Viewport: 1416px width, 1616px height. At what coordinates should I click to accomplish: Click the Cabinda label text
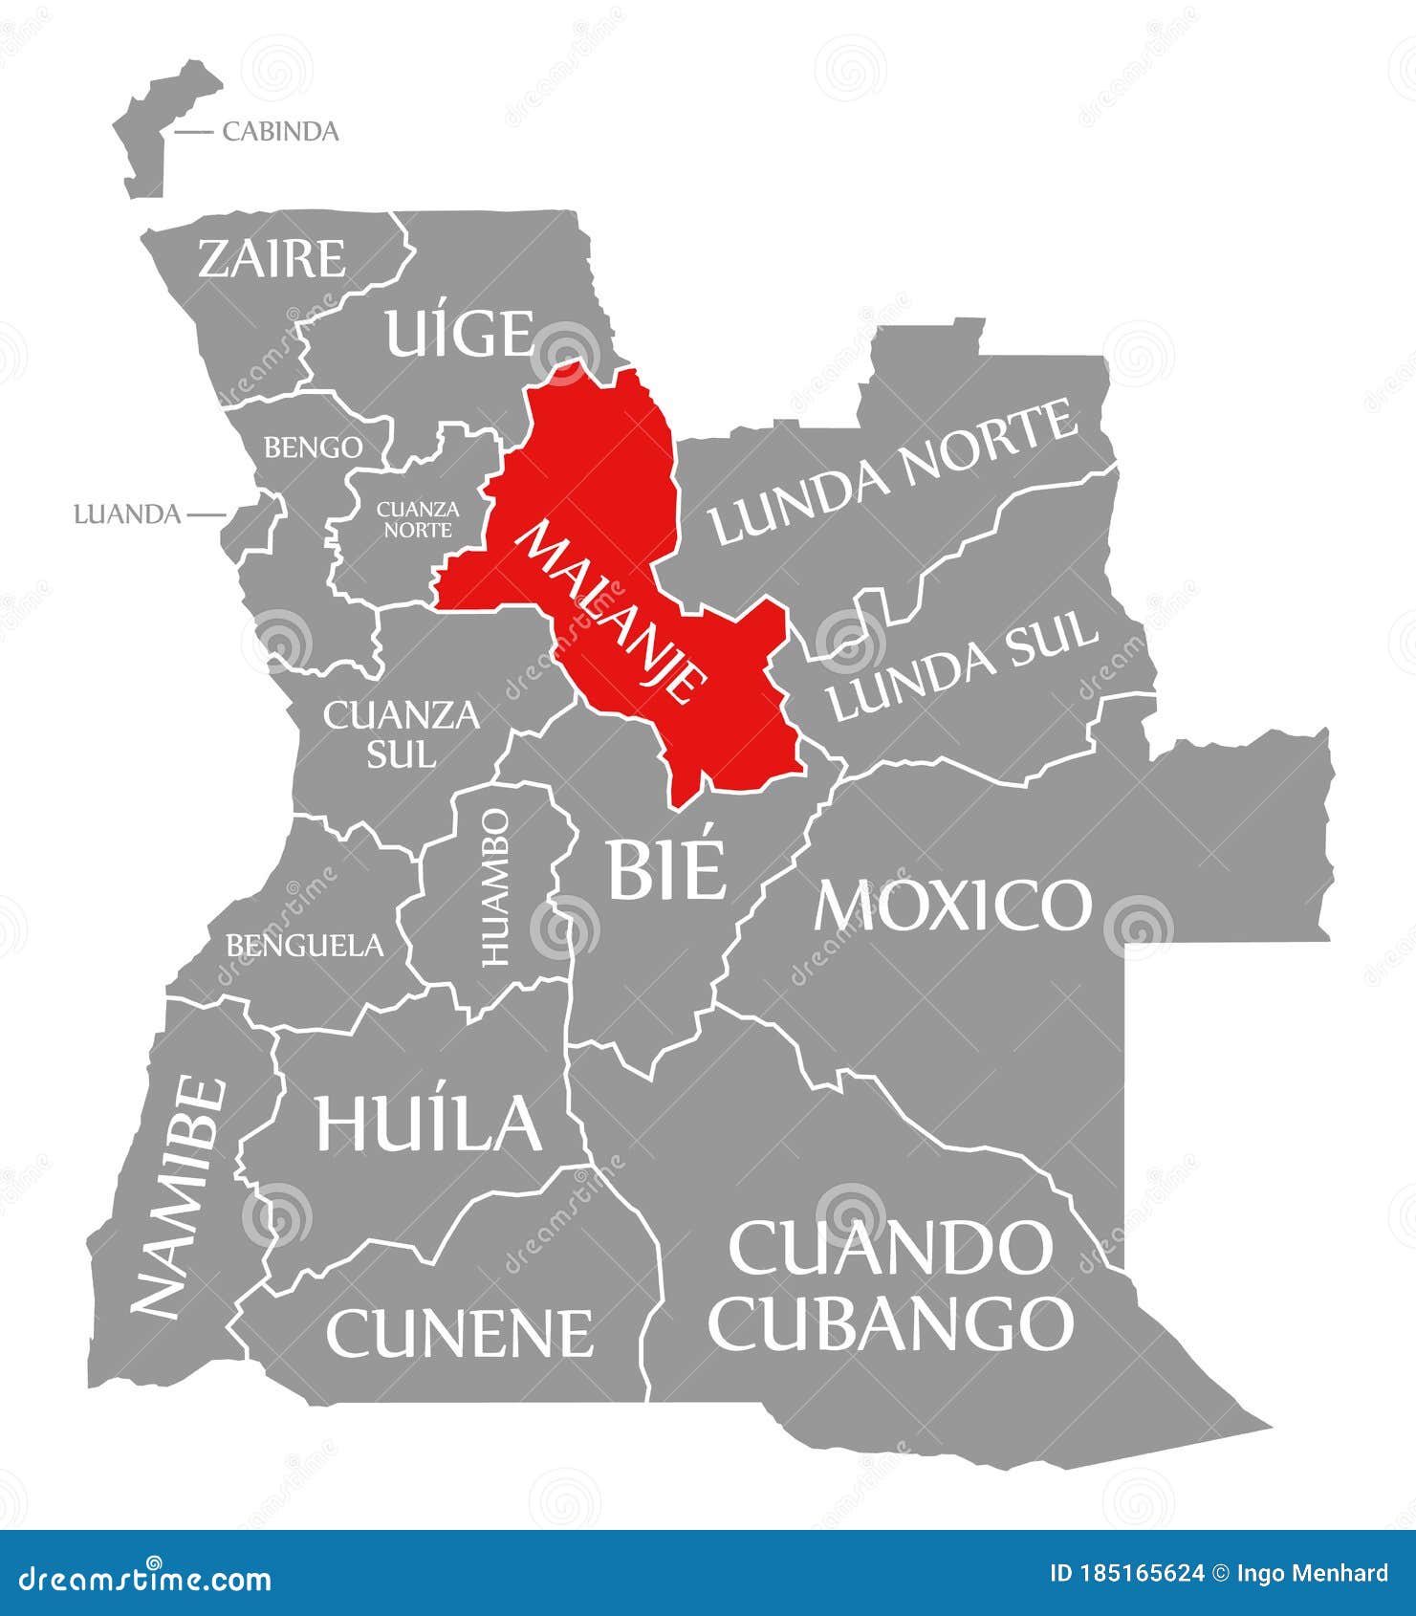point(280,131)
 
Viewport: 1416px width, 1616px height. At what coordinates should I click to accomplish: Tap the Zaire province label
point(272,258)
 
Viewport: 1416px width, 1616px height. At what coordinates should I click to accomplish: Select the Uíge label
point(458,333)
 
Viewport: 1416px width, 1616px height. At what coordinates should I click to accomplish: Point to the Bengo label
point(314,447)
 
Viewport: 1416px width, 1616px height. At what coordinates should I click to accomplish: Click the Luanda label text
point(127,514)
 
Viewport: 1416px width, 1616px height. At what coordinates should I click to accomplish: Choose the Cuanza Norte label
point(418,518)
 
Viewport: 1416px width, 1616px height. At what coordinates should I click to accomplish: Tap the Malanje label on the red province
point(613,612)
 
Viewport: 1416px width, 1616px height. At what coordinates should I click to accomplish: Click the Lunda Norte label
point(894,472)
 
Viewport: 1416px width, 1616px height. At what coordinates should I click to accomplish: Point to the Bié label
point(665,868)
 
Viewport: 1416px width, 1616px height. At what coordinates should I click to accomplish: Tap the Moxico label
point(952,905)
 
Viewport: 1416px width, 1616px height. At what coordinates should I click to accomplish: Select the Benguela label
point(304,946)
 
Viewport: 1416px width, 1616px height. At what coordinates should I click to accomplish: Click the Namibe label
point(180,1196)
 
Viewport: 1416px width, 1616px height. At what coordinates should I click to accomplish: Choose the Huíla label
point(428,1122)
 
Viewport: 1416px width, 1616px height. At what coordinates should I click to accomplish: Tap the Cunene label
point(459,1332)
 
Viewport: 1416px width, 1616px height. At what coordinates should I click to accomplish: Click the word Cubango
point(891,1322)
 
